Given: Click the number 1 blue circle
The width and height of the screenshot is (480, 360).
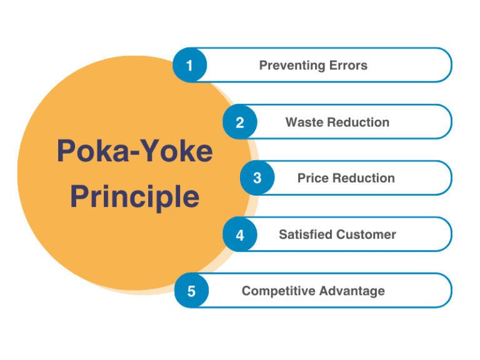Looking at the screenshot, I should point(190,65).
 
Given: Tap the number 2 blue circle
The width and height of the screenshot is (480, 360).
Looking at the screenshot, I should point(240,122).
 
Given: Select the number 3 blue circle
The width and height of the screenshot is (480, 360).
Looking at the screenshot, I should point(257,178).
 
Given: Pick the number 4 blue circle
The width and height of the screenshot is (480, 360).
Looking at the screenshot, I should point(240,235).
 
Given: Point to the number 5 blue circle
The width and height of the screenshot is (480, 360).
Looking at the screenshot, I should point(191,291).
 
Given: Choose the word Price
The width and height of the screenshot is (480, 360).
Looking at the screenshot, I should point(313,178).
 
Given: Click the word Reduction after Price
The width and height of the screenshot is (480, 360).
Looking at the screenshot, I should point(364,178).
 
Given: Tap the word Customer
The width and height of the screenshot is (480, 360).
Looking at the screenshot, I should point(367,235).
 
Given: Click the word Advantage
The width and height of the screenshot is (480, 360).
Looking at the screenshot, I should point(351,291).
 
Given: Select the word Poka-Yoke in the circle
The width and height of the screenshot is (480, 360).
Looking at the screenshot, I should point(134,151).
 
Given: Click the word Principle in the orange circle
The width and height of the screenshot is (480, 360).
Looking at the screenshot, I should point(134,196).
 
